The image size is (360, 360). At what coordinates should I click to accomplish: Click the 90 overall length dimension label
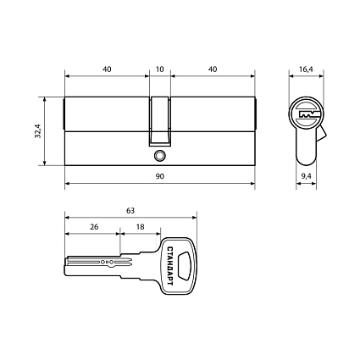160,176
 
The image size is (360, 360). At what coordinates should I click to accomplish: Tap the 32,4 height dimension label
38,131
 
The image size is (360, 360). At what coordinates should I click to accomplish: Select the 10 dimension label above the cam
160,69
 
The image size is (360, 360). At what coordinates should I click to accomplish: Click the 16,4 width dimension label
306,69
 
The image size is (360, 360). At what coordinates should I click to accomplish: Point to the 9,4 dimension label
306,176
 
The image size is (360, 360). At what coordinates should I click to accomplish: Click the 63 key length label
130,211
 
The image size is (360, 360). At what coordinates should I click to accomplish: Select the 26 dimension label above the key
94,227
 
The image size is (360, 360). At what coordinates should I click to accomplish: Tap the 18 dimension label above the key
140,227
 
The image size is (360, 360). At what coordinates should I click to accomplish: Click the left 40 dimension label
107,69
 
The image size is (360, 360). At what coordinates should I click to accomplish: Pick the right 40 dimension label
213,69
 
